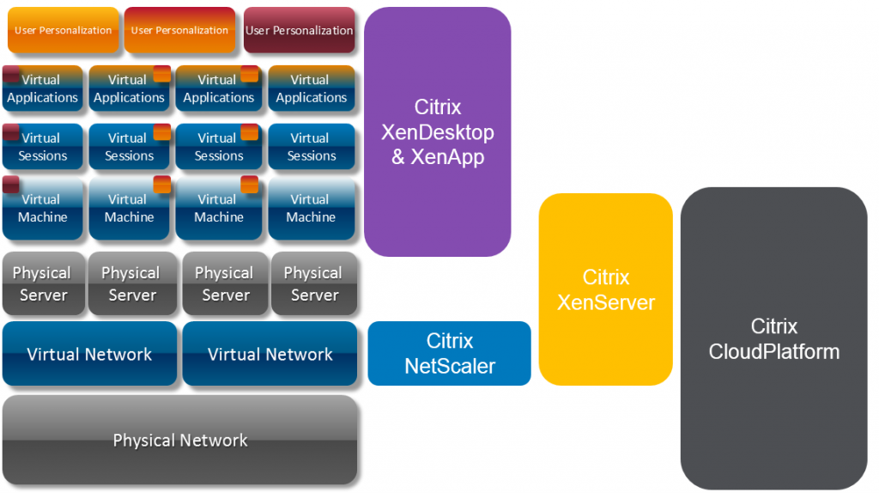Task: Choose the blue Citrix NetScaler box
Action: coord(449,353)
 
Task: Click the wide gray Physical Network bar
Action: coord(179,441)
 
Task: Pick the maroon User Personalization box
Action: coord(299,30)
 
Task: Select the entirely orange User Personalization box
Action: coord(63,30)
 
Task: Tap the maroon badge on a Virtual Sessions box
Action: coord(11,131)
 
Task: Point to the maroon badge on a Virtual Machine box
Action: coord(11,184)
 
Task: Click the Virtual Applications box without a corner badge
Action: coord(311,89)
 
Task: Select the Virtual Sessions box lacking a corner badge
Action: coord(311,147)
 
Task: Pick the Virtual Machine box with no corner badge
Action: coord(311,209)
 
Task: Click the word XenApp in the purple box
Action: coord(447,157)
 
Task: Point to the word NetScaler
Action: coord(449,366)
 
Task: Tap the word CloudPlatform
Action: coord(773,351)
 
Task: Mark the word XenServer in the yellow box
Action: coord(605,302)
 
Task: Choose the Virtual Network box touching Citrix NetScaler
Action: coord(270,354)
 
